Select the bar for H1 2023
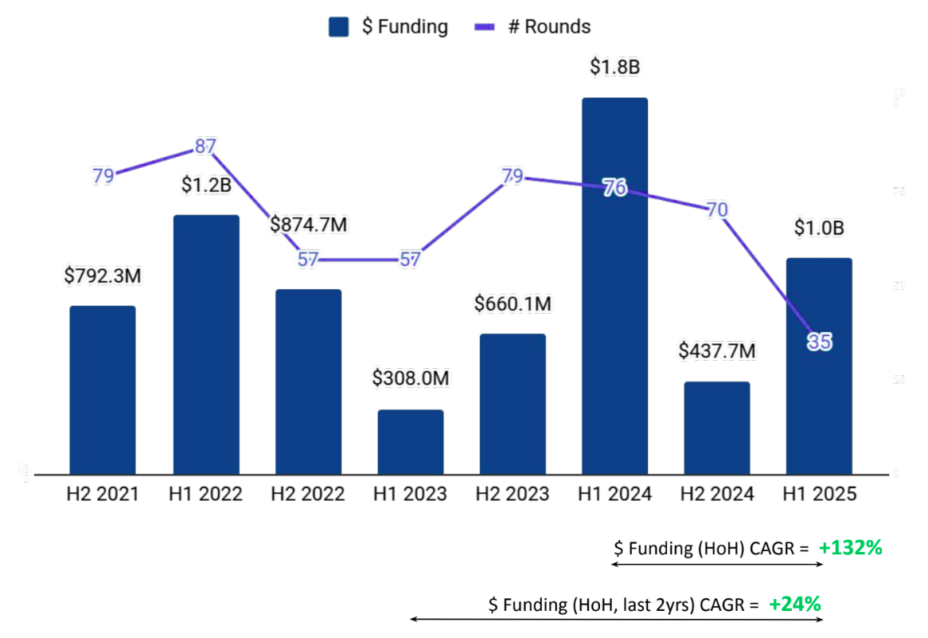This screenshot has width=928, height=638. [x=410, y=442]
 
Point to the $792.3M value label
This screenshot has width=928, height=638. [x=103, y=276]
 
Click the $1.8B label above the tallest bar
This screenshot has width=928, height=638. [x=614, y=68]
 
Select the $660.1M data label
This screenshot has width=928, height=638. [x=513, y=304]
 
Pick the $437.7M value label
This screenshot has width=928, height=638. [x=717, y=351]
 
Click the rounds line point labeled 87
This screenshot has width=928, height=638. [x=205, y=147]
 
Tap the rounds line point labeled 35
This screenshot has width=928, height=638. [x=820, y=342]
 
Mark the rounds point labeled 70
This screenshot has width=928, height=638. [x=717, y=210]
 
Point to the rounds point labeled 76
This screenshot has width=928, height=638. [x=614, y=188]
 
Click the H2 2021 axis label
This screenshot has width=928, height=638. [x=103, y=495]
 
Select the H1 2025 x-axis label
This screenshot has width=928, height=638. [x=819, y=495]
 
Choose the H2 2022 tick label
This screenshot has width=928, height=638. [x=308, y=495]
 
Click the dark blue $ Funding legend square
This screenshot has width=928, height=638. [x=339, y=27]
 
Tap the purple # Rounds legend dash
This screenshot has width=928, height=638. [x=485, y=27]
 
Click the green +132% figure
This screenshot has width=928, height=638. [x=851, y=548]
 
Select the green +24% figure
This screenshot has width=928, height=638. [x=794, y=605]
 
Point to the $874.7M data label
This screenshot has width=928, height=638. [x=309, y=225]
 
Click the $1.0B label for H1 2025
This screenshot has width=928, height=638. [x=819, y=228]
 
